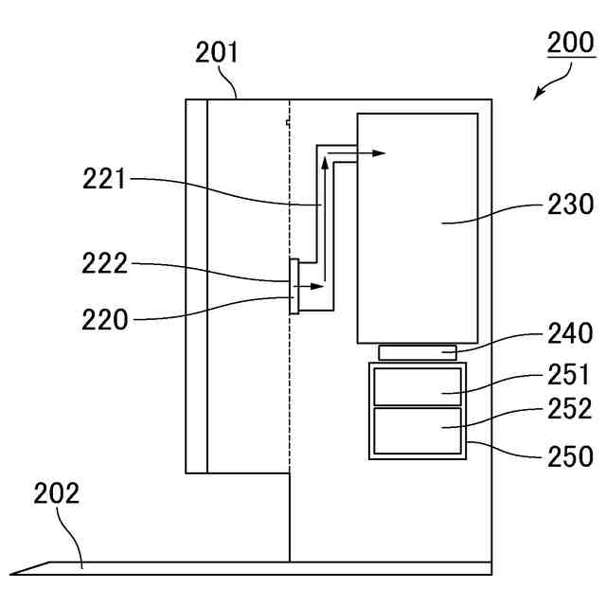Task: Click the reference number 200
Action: [x=571, y=44]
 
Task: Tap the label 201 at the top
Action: [x=217, y=52]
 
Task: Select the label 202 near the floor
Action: [x=57, y=493]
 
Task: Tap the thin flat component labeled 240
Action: [x=417, y=353]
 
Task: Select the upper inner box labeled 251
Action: [x=417, y=385]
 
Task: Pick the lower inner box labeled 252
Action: [x=417, y=431]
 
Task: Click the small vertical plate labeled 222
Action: [x=294, y=285]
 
